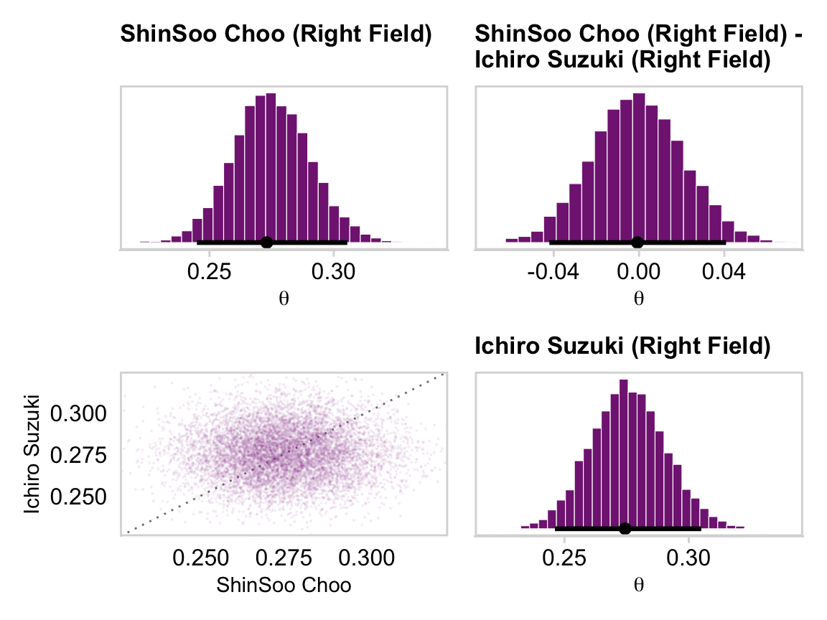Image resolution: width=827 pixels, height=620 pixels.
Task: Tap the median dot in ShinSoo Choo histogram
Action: coord(266,243)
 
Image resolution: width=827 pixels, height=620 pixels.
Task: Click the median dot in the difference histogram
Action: coord(637,243)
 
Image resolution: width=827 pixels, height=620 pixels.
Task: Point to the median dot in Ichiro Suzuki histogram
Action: coord(625,529)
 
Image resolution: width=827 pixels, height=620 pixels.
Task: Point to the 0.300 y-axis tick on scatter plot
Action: coord(79,413)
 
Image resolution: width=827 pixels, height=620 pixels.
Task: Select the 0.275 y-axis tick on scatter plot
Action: coord(79,455)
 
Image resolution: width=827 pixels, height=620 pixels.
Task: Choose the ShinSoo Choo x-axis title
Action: coord(284,586)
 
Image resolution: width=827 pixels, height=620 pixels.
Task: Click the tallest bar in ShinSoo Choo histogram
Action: coord(271,169)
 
